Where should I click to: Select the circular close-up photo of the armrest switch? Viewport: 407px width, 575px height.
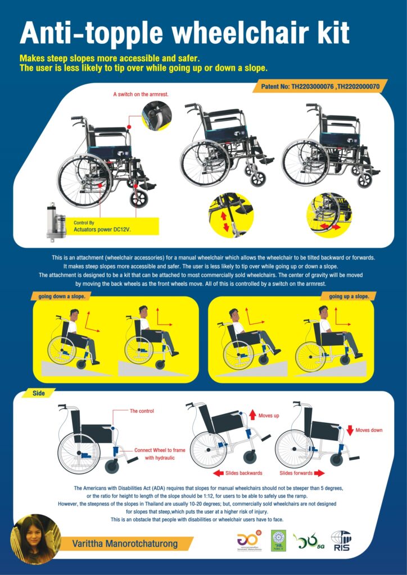point(157,116)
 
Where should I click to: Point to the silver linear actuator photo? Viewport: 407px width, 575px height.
point(56,221)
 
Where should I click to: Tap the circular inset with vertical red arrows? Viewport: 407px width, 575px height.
point(231,215)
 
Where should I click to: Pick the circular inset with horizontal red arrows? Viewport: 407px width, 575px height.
point(329,215)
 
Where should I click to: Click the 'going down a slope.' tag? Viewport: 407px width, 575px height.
point(61,296)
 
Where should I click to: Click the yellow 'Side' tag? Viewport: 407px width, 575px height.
point(39,393)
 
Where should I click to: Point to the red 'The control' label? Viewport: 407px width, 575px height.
point(142,411)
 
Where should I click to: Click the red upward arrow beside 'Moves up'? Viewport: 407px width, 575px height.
point(252,415)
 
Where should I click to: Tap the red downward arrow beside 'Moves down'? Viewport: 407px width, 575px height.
point(350,430)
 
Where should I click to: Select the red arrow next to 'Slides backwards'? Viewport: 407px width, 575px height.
point(218,473)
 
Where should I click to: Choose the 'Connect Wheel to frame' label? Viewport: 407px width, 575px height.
point(160,450)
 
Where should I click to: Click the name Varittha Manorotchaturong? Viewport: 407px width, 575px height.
point(125,544)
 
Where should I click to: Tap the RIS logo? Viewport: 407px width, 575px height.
point(341,541)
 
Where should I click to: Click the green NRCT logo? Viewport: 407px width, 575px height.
point(279,541)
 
